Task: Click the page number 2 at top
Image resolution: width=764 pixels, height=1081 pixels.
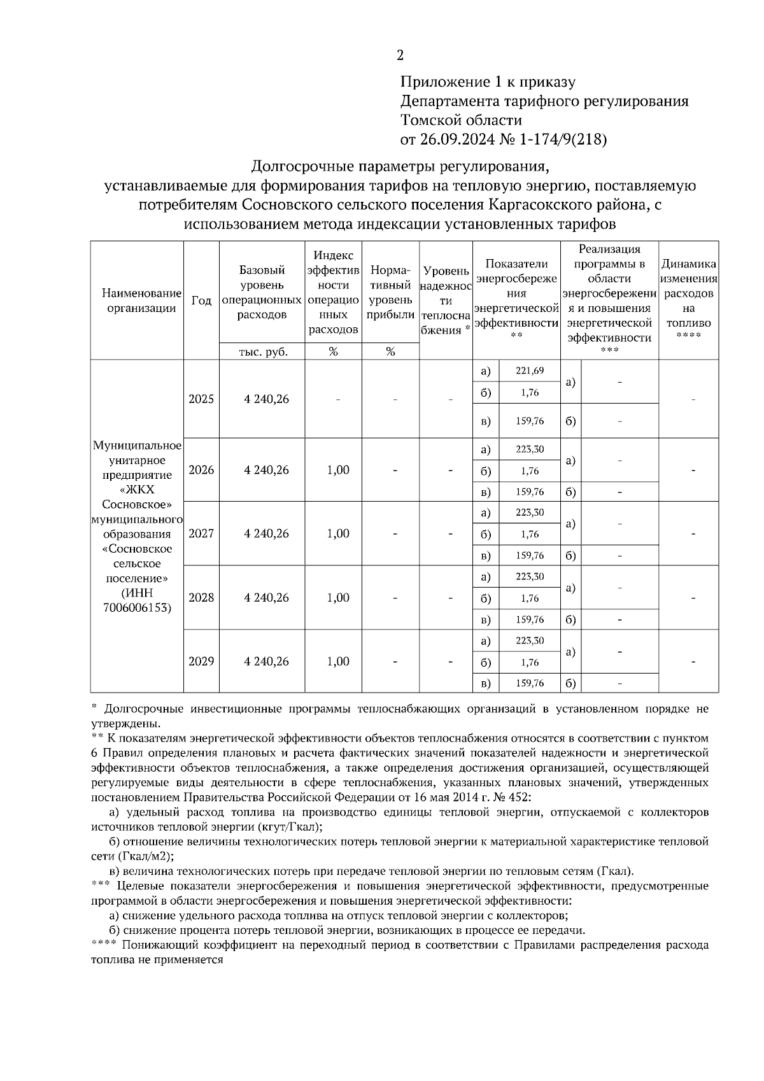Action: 400,55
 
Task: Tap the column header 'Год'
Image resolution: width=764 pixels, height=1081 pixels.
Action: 201,300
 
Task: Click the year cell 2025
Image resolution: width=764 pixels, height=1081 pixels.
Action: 201,399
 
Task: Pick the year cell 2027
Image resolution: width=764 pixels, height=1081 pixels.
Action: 201,533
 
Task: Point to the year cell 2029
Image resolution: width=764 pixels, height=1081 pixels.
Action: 201,661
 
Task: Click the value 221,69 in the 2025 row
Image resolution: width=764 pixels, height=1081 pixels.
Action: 530,371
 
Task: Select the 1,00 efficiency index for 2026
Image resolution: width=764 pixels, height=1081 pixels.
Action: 338,470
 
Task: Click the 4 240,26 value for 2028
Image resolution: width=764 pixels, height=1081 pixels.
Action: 266,598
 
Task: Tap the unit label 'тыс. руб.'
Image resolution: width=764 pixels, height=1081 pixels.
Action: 263,351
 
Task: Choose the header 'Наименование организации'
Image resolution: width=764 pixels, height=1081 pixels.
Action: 141,300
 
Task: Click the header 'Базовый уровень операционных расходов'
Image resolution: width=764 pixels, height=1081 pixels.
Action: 262,292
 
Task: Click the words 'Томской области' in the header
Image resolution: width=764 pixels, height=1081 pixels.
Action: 461,120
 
